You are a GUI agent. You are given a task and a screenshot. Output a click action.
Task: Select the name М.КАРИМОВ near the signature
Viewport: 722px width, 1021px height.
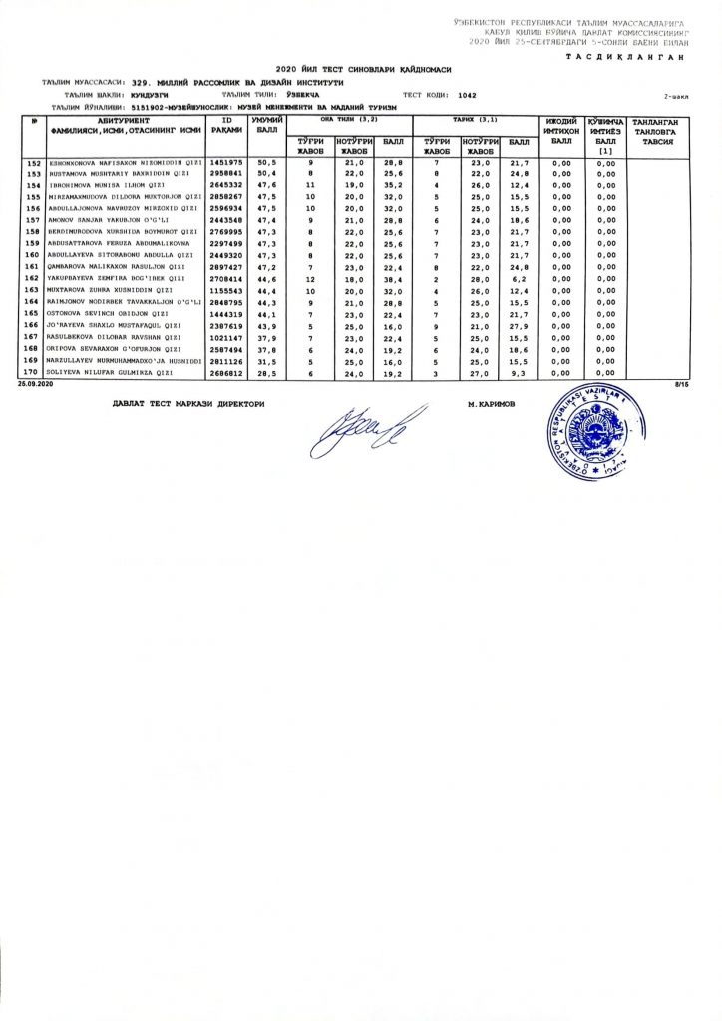(491, 403)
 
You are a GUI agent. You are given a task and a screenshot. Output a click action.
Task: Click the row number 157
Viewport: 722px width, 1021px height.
(33, 219)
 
